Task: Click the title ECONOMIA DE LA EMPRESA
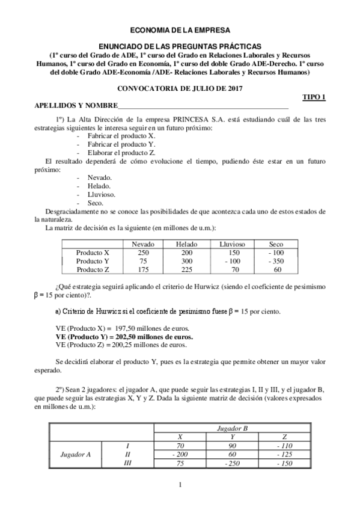(180, 29)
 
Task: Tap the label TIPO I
(313, 97)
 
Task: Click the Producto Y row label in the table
(93, 261)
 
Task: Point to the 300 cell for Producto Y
(186, 261)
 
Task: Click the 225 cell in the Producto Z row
(186, 269)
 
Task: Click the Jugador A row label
(76, 455)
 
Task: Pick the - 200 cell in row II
(180, 455)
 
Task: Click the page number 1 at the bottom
(180, 485)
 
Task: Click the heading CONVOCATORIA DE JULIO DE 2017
(180, 88)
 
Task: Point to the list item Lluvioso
(101, 195)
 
